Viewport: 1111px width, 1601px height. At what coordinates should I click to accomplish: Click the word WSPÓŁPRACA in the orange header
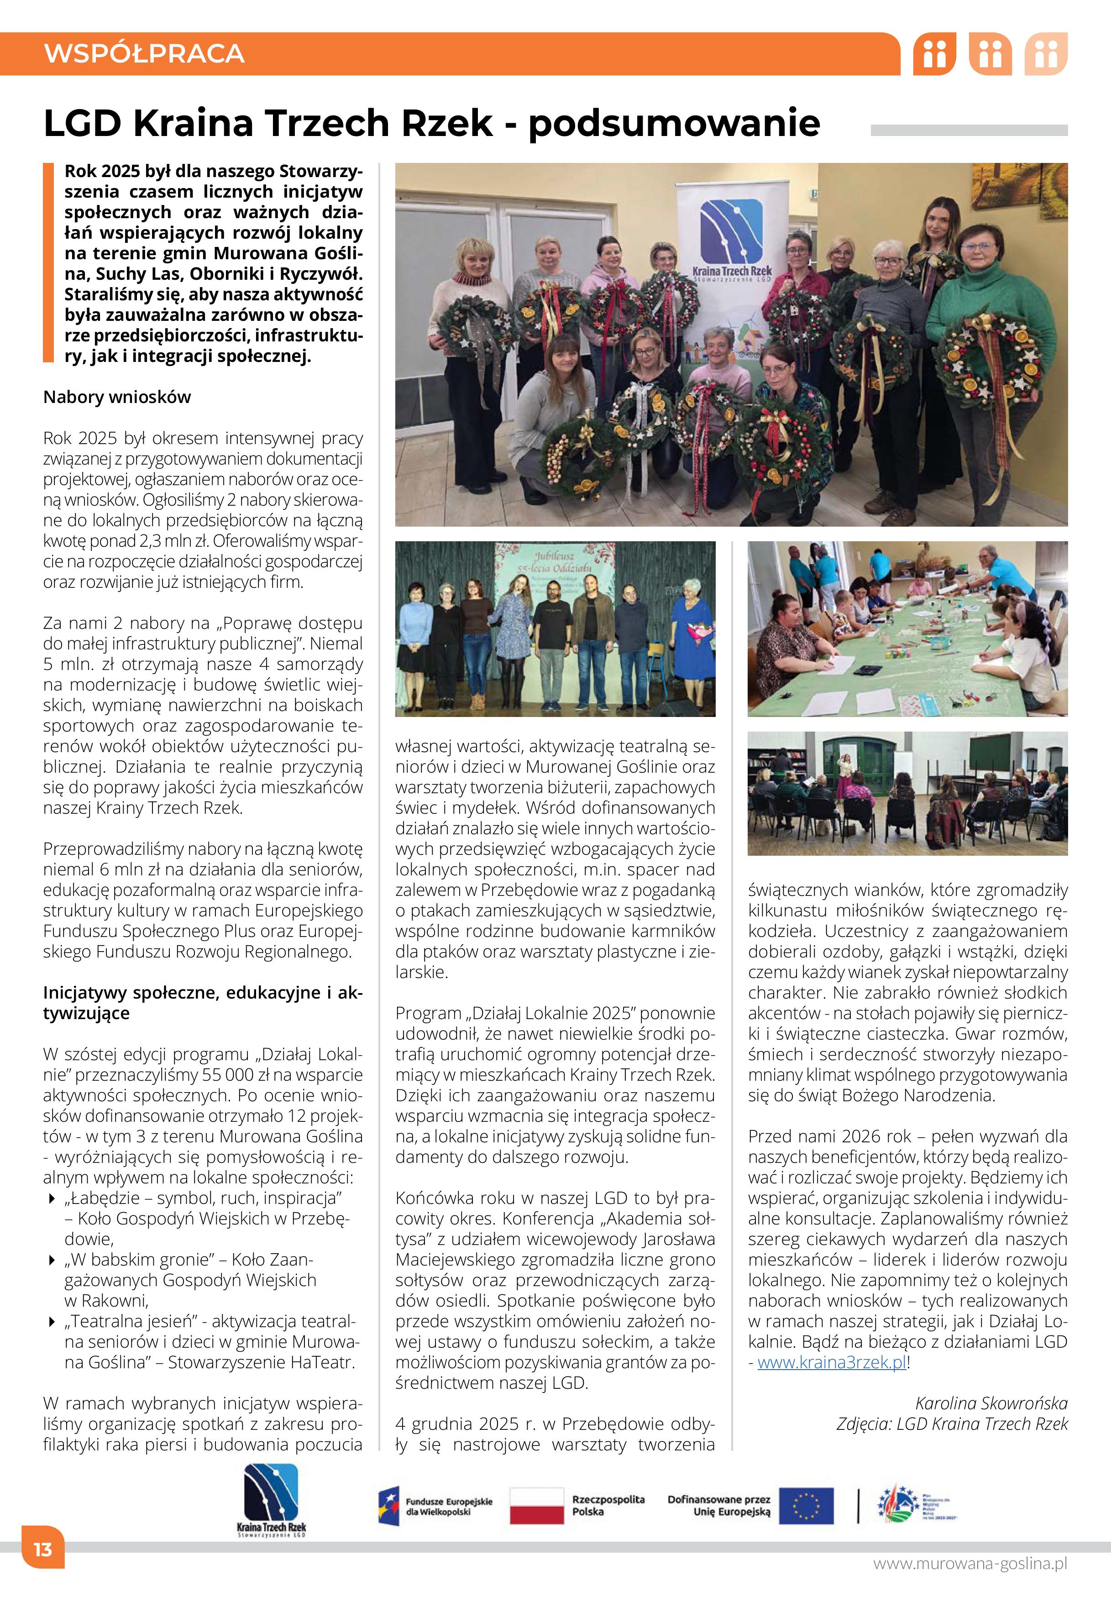[x=144, y=53]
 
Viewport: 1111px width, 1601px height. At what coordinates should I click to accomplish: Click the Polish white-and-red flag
[x=537, y=1506]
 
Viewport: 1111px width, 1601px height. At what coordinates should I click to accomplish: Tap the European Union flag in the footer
[x=806, y=1506]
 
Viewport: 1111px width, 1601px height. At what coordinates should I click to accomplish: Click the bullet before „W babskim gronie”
[x=52, y=1260]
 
